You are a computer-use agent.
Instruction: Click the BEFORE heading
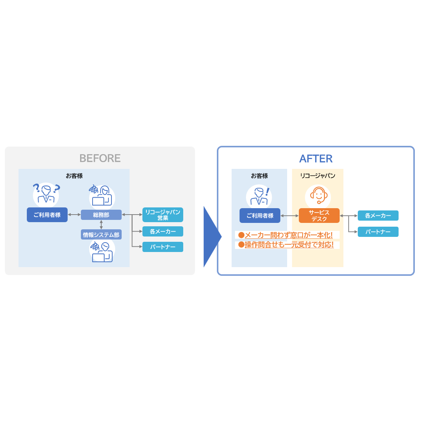[x=100, y=158]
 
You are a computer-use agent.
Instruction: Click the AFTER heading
[x=316, y=159]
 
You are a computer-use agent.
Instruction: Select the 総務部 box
[x=101, y=215]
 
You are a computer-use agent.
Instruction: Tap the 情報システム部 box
[x=101, y=234]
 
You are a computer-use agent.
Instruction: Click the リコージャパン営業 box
[x=162, y=215]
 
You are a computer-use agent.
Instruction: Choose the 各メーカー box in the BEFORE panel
[x=162, y=232]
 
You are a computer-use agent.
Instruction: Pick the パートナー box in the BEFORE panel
[x=162, y=247]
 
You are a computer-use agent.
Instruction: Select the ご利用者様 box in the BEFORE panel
[x=47, y=215]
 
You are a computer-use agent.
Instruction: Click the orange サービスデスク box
[x=319, y=216]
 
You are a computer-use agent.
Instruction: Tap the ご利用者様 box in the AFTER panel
[x=260, y=216]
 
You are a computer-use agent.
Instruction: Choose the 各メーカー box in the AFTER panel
[x=378, y=216]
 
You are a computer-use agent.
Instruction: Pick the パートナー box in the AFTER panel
[x=378, y=232]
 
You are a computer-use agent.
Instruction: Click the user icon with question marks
[x=46, y=193]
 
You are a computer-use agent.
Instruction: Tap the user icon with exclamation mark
[x=259, y=196]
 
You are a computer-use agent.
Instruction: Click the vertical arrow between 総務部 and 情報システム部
[x=101, y=224]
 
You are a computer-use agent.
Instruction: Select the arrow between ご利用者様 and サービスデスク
[x=290, y=216]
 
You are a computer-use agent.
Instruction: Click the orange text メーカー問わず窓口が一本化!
[x=289, y=235]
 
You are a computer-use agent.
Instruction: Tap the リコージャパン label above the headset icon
[x=318, y=176]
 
